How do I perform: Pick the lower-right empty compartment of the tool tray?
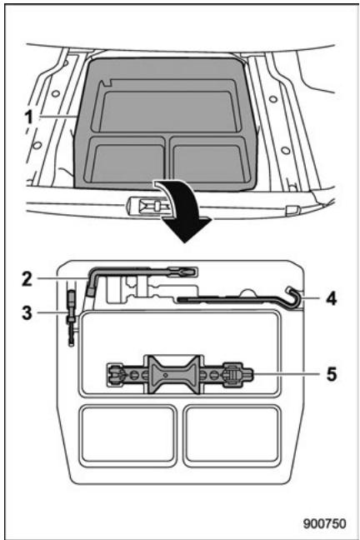pyautogui.click(x=226, y=433)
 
